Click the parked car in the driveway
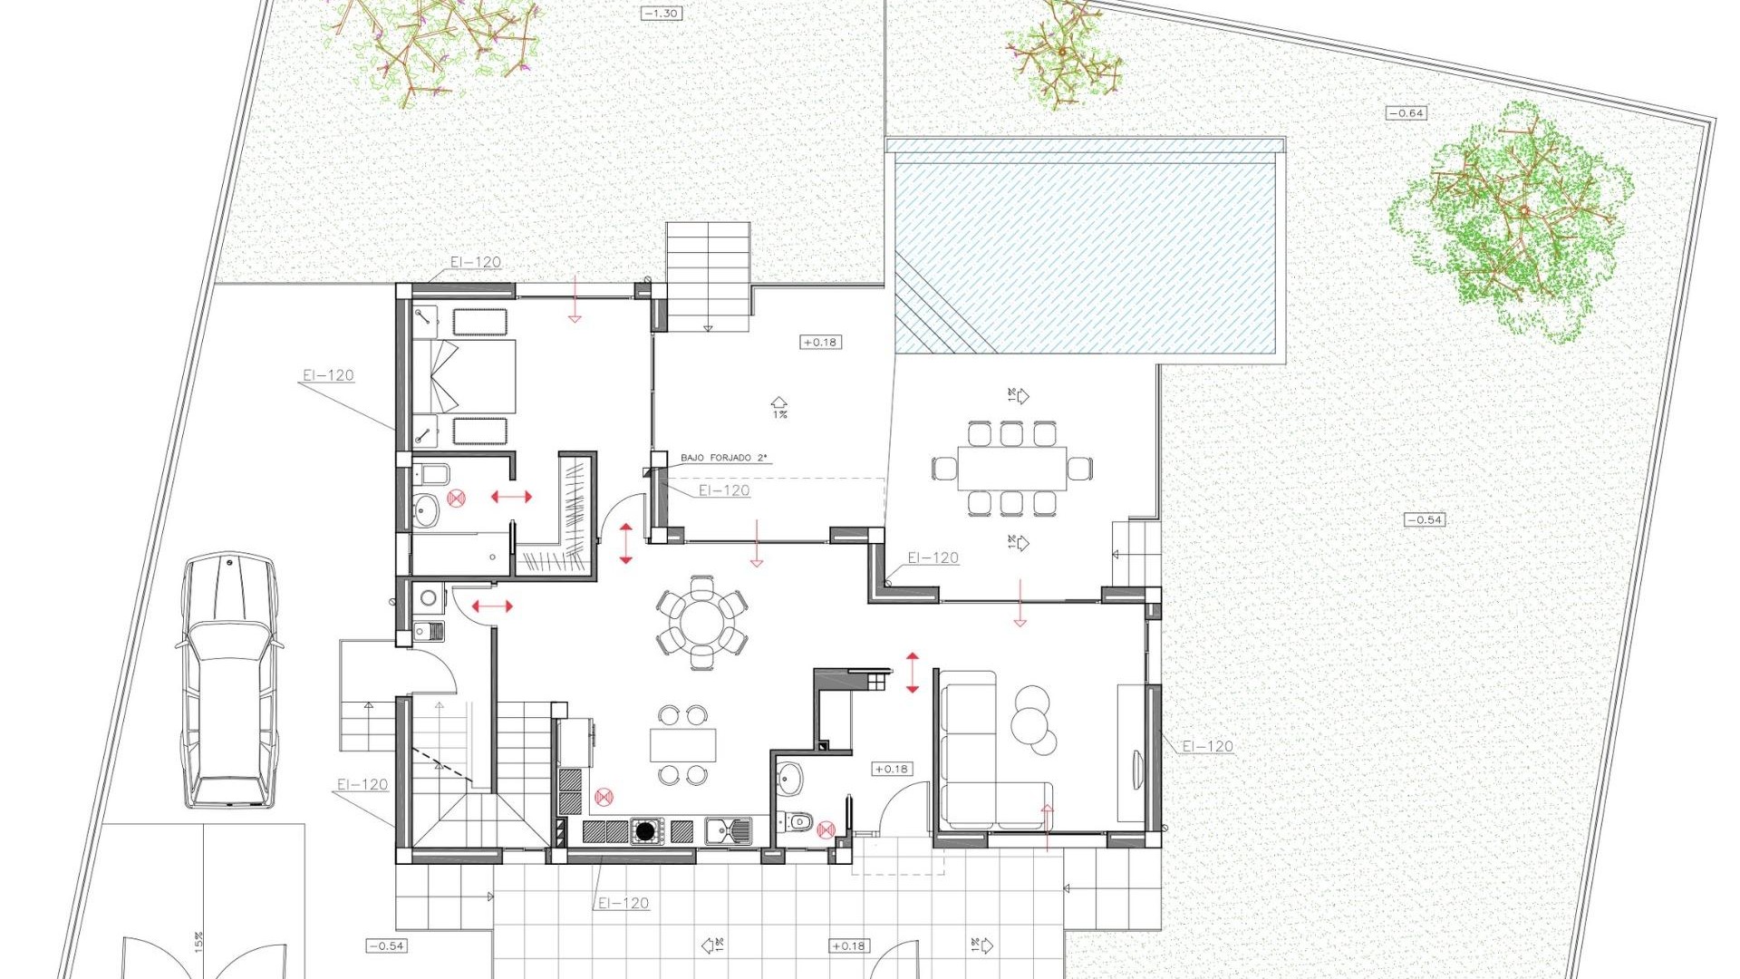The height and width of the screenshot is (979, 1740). pyautogui.click(x=228, y=680)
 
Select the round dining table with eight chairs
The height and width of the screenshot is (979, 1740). pyautogui.click(x=701, y=624)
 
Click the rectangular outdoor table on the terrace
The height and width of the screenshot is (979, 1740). pyautogui.click(x=1011, y=468)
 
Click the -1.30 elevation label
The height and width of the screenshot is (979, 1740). pyautogui.click(x=661, y=14)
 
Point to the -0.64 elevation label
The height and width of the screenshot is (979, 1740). pyautogui.click(x=1406, y=113)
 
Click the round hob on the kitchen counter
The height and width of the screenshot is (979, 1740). pyautogui.click(x=644, y=830)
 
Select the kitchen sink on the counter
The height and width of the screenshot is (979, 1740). pyautogui.click(x=727, y=829)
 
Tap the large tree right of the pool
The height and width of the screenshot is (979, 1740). pyautogui.click(x=1513, y=222)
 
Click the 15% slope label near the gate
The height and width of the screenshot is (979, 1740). pyautogui.click(x=198, y=942)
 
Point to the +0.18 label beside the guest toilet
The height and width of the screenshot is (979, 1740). pyautogui.click(x=891, y=769)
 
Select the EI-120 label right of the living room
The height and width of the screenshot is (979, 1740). pyautogui.click(x=1207, y=746)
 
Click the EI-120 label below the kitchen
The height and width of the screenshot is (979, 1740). pyautogui.click(x=623, y=903)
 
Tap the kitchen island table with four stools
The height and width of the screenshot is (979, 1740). pyautogui.click(x=682, y=745)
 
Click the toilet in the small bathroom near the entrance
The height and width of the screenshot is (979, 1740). pyautogui.click(x=798, y=821)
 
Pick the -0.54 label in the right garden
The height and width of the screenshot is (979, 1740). pyautogui.click(x=1425, y=519)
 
